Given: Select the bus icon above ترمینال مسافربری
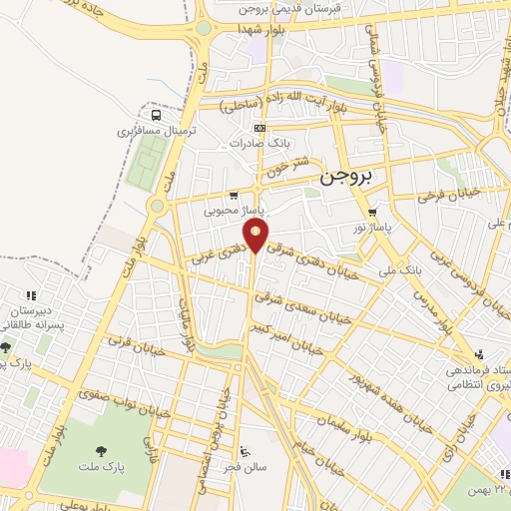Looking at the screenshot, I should (154, 115).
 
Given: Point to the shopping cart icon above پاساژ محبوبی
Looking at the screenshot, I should (234, 196).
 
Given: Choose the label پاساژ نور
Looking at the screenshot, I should (371, 228).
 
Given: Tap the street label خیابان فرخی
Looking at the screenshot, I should (448, 193).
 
